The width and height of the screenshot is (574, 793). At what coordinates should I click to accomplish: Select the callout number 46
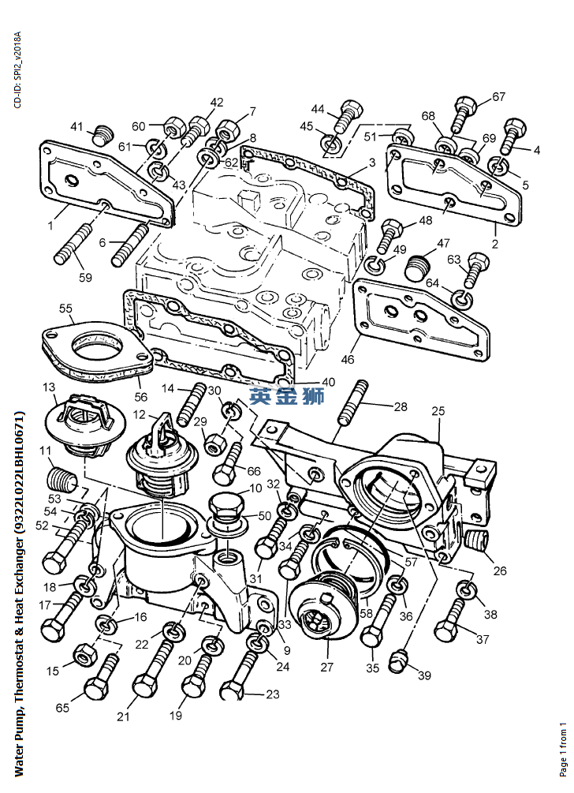point(348,360)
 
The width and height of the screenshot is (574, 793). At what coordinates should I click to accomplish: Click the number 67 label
point(498,97)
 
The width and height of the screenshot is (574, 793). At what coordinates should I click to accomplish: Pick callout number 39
point(424,675)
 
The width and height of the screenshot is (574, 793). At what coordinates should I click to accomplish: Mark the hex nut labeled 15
point(83,654)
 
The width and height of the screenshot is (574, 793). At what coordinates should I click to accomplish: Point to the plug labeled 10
point(223,506)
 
